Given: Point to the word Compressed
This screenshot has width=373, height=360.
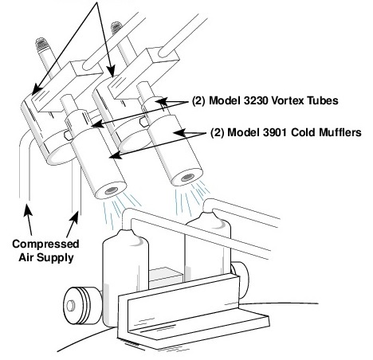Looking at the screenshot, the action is tap(45, 244).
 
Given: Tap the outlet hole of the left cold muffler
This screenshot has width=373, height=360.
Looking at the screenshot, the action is tap(112, 190).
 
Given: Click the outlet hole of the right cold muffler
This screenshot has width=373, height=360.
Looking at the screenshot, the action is tap(188, 177).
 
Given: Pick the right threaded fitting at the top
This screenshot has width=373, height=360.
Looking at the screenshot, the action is tap(116, 27).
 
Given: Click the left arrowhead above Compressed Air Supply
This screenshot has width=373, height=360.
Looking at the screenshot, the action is tap(28, 210).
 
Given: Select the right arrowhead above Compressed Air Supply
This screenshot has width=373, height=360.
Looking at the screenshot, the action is tap(75, 217).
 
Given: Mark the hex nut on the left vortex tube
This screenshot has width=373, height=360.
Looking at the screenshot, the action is tap(68, 135).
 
